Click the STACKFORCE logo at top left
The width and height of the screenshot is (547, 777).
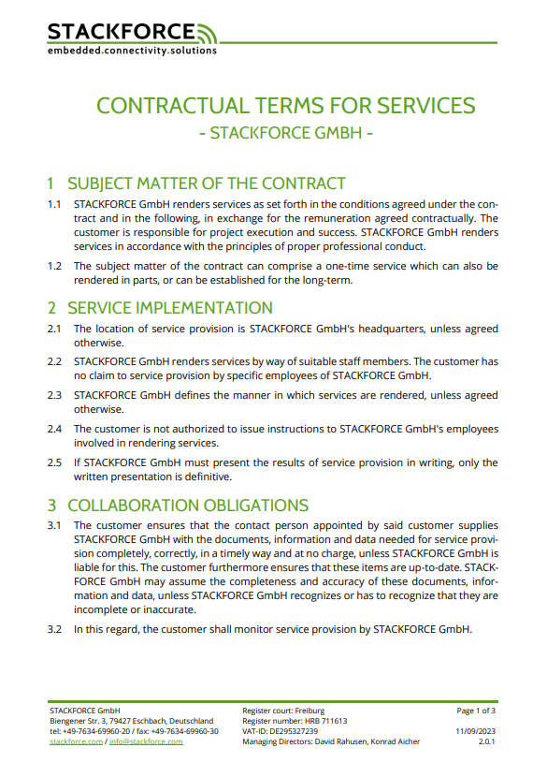coord(131,34)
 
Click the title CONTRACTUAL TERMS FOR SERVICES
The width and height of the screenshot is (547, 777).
coord(286,105)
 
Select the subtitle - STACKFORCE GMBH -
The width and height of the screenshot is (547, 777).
coord(286,132)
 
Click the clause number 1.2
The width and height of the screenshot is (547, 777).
coord(54,266)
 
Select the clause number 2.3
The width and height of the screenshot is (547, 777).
coord(54,396)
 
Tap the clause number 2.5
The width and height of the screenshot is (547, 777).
coord(54,462)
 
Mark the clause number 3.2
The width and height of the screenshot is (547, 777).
coord(54,629)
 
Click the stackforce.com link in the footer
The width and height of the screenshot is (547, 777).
coord(76,741)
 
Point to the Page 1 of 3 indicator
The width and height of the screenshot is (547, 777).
coord(476,711)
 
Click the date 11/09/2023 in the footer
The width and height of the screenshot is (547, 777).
coord(475,731)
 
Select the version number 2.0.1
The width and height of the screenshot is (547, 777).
coord(486,741)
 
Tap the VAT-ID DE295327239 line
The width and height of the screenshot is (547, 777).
coord(280,731)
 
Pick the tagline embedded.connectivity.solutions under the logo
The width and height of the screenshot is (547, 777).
coord(132,51)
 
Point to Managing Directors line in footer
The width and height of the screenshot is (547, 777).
coord(331,741)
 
